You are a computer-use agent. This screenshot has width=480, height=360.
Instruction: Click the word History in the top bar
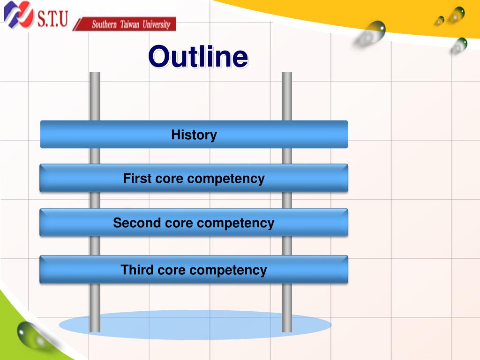(194, 135)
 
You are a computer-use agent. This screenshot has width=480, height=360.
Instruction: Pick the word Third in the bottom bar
(136, 270)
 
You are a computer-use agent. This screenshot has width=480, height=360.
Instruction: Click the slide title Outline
(198, 57)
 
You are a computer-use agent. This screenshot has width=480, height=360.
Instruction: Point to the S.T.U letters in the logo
(52, 19)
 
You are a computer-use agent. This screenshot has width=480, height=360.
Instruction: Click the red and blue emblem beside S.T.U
(18, 15)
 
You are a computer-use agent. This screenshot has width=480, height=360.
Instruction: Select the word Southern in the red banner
(104, 24)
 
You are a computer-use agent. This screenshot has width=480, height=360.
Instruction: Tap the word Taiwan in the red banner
(130, 24)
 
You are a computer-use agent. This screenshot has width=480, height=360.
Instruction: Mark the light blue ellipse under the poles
(195, 324)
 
